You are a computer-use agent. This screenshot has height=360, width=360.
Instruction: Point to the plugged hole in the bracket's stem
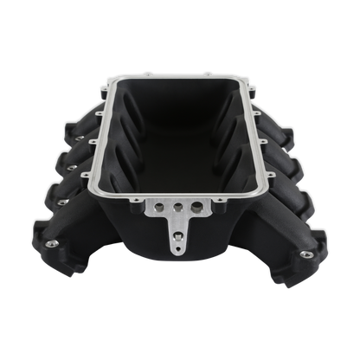pyautogui.click(x=179, y=227)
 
